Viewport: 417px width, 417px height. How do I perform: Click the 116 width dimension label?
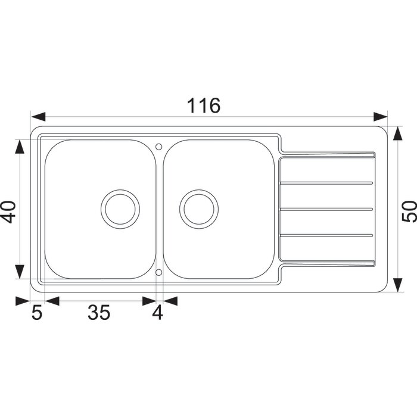coord(204,105)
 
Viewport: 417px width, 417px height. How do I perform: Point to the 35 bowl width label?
coord(99,312)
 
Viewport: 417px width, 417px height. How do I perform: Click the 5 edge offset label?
coord(37,312)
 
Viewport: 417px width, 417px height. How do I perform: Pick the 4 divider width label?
coord(157,312)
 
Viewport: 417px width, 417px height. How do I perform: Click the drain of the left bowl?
coord(120,209)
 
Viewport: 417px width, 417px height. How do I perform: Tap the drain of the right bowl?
coord(199,209)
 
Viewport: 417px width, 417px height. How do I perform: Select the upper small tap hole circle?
coord(159,147)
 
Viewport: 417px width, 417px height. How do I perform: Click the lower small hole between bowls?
coord(159,272)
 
